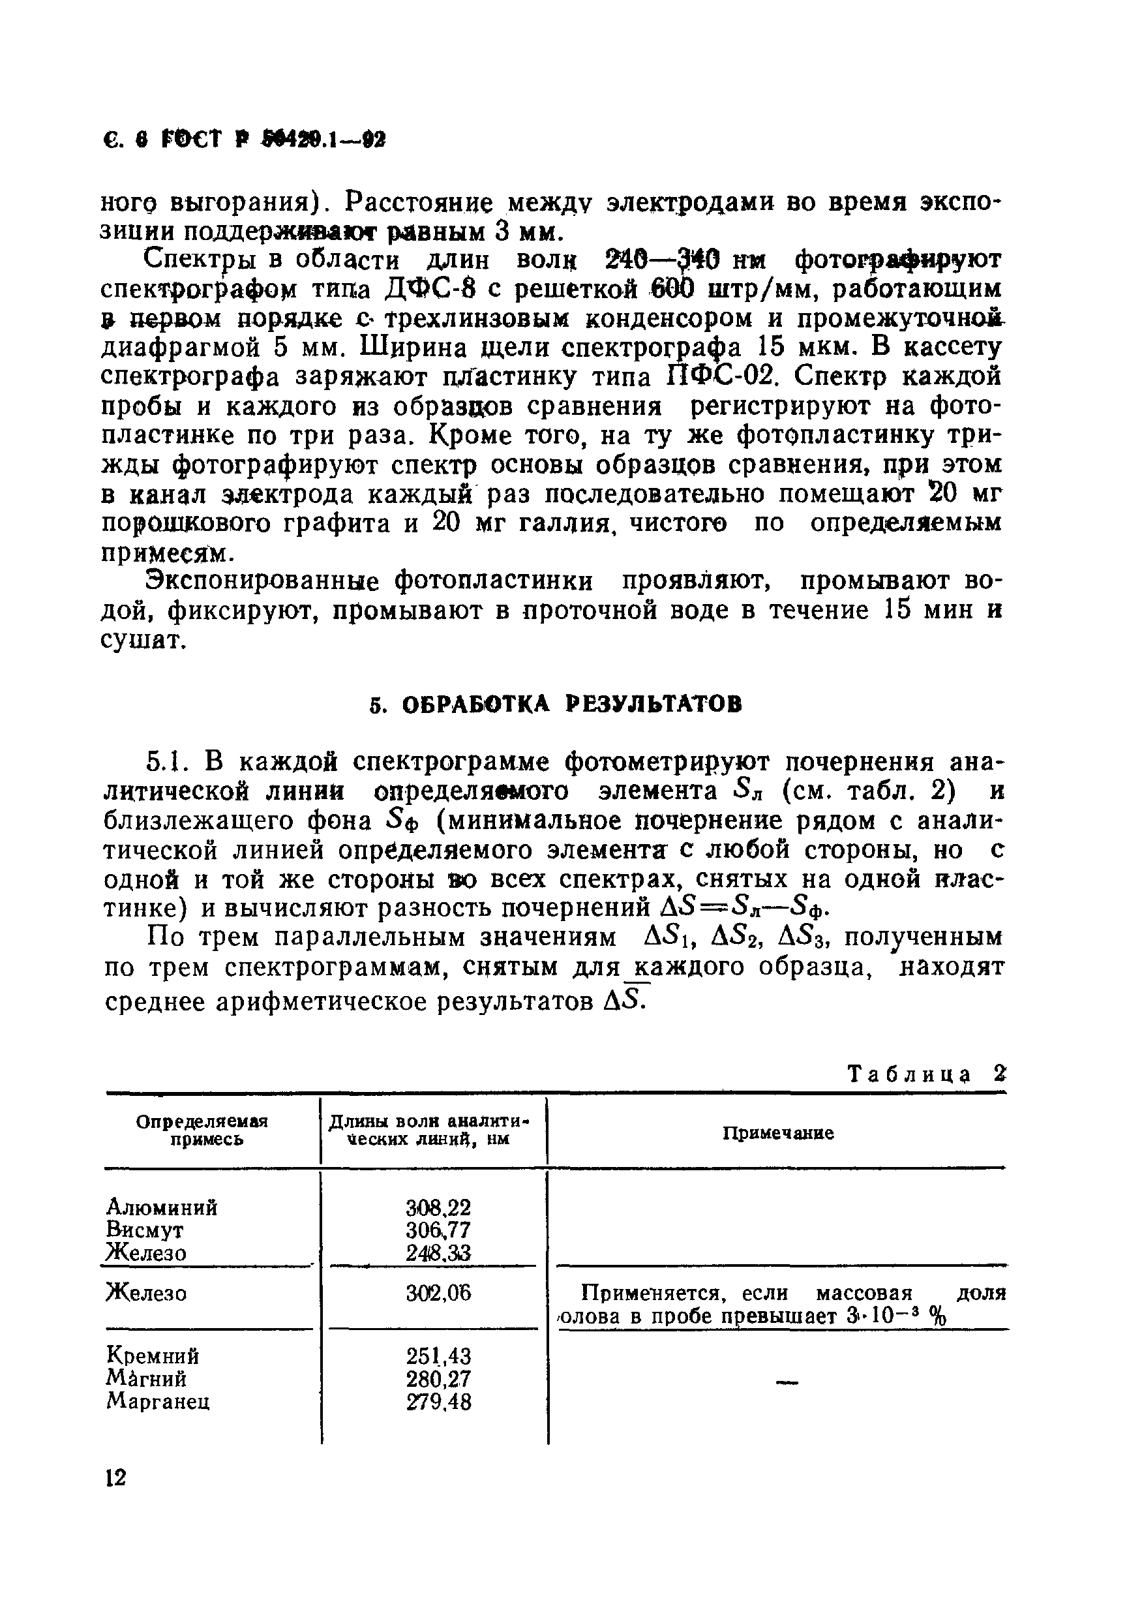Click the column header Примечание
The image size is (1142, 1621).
point(778,1133)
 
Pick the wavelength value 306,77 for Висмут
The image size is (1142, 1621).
point(438,1230)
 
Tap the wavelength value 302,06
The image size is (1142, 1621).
point(438,1294)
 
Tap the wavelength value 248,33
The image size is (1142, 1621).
point(438,1253)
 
